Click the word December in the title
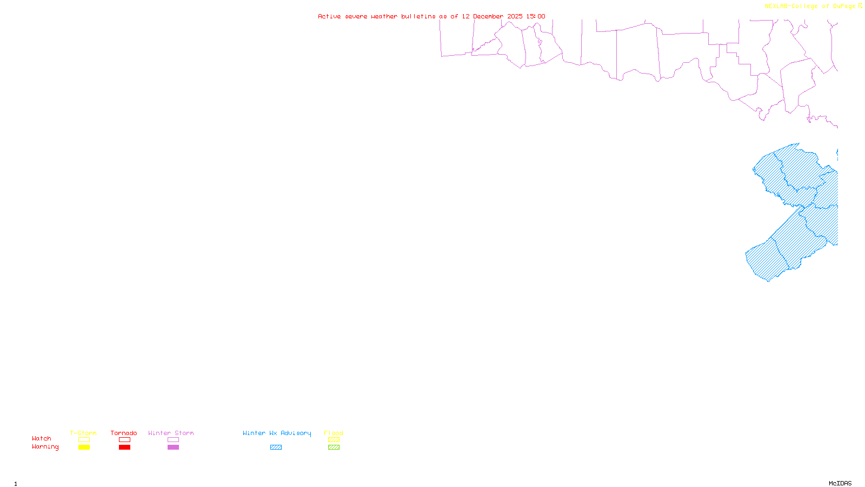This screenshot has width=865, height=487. point(488,16)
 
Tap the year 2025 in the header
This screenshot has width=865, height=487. point(515,16)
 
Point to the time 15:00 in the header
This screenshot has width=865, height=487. point(536,16)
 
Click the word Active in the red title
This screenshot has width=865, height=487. point(329,16)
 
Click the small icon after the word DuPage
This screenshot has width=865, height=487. point(860,6)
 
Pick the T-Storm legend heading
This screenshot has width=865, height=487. point(83,433)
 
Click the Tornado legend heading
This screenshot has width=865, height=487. point(124,433)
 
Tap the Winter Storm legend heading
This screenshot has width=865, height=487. point(171,433)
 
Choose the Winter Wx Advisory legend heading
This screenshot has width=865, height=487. point(277,433)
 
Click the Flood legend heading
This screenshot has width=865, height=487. point(334,433)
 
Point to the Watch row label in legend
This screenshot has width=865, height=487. point(42,438)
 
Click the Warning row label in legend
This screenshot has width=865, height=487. point(45,447)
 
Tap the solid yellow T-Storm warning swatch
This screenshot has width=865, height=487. point(84,447)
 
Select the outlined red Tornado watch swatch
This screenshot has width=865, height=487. point(124,440)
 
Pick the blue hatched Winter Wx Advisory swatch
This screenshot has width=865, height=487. point(276,447)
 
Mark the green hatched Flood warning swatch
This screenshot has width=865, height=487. point(334,447)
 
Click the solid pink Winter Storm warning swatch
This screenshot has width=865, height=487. point(173,447)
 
